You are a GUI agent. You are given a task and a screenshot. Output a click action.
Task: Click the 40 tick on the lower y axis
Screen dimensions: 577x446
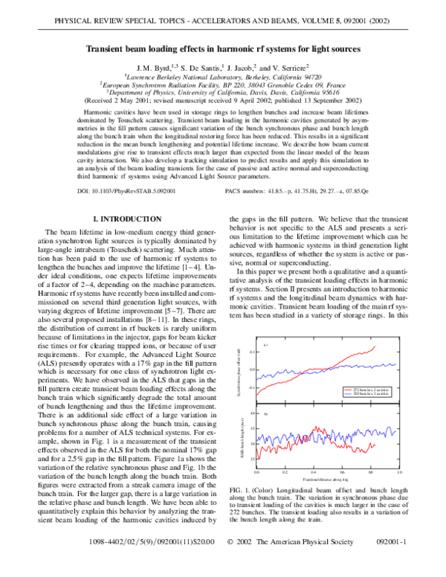[253, 413]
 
